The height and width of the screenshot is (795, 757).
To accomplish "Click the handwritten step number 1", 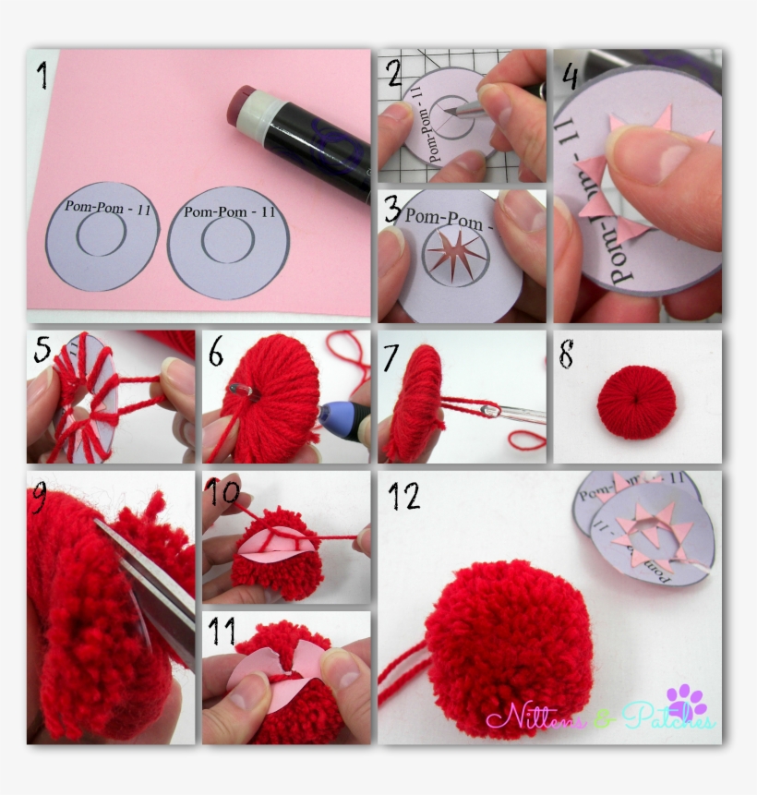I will [42, 74].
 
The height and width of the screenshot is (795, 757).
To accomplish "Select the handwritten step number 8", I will [567, 352].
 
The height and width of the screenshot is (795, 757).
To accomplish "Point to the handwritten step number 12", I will [404, 496].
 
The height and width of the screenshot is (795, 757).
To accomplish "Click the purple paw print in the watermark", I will [686, 702].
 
